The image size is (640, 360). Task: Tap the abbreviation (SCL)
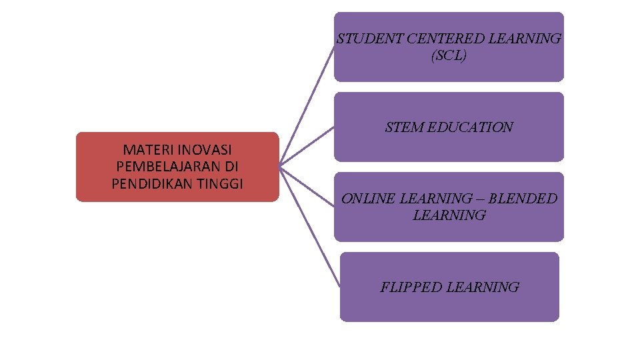tap(449, 56)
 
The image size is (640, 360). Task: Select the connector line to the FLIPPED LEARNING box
tap(310, 227)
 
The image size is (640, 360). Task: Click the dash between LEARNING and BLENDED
tap(480, 199)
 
